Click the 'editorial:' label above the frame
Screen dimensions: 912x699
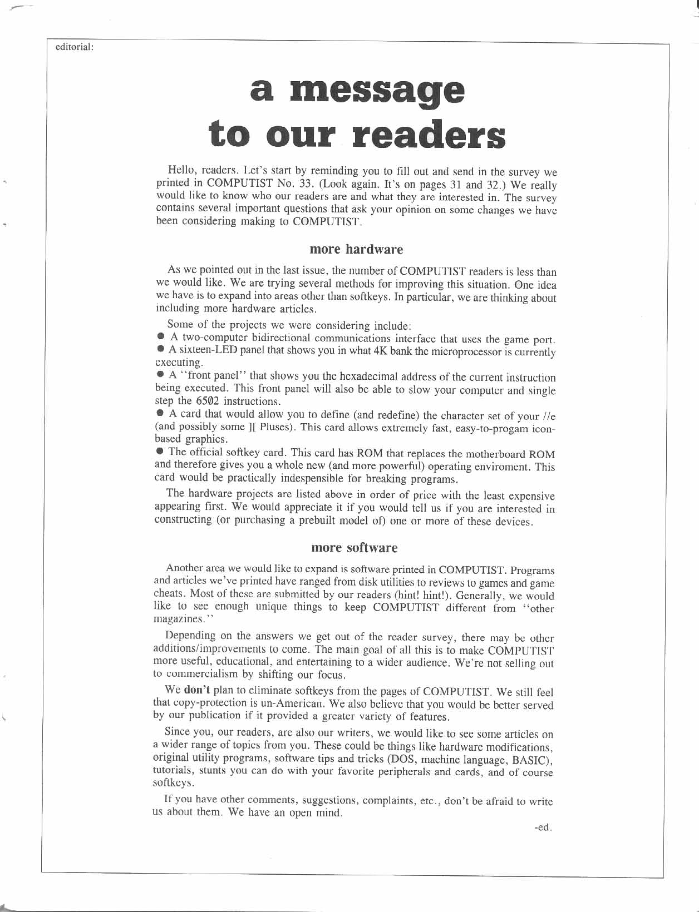74,47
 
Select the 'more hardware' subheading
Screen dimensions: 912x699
356,249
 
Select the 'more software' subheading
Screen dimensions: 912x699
355,548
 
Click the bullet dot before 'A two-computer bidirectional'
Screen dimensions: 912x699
160,337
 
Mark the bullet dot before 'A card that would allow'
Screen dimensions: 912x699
160,414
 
